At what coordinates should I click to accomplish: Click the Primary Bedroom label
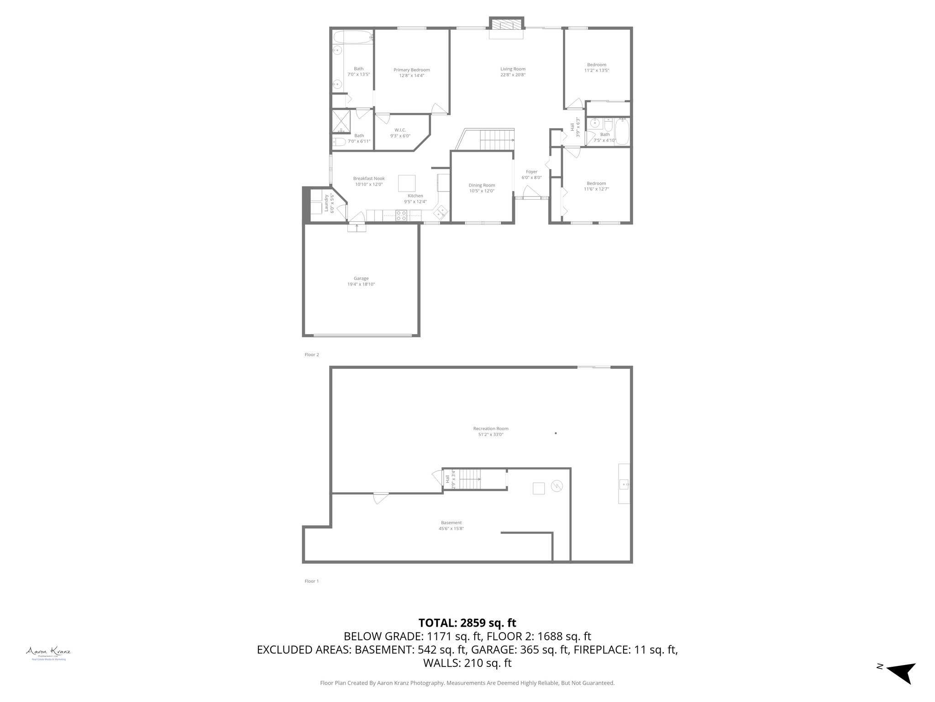tap(411, 70)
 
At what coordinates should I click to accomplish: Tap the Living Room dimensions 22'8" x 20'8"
tap(513, 75)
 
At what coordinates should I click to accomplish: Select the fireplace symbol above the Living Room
tap(506, 25)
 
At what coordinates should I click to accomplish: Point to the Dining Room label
tap(482, 185)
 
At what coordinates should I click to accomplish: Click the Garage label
tap(361, 278)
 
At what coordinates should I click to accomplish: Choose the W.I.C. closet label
tap(400, 130)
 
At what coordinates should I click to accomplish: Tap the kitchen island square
tap(407, 183)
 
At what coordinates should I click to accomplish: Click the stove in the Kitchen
tap(401, 215)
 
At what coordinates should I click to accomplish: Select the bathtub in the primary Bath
tap(352, 37)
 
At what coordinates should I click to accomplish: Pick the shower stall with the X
tap(341, 121)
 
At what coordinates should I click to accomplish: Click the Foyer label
tap(531, 172)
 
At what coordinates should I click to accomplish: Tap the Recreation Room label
tap(491, 429)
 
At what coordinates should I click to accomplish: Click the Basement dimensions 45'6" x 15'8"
tap(451, 528)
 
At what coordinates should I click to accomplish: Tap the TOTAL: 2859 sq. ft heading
tap(467, 622)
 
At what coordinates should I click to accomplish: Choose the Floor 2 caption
tap(312, 355)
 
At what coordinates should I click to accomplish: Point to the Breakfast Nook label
tap(369, 178)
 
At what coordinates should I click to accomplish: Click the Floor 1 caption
tap(312, 581)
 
